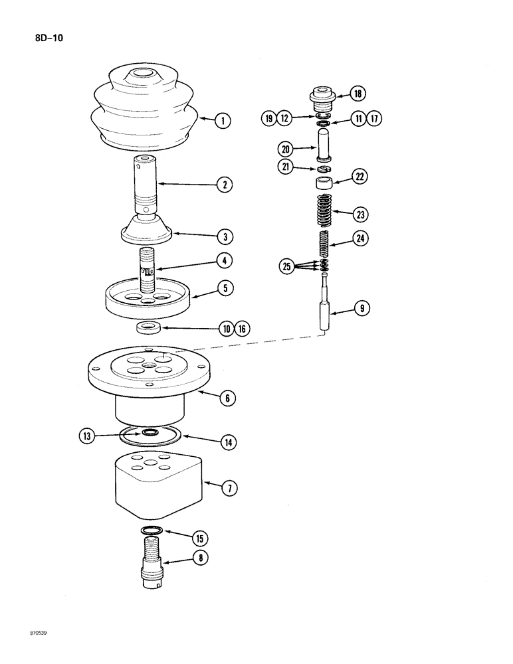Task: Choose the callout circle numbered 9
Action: click(x=362, y=308)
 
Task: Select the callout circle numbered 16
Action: click(x=242, y=328)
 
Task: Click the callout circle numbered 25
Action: click(x=286, y=267)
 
